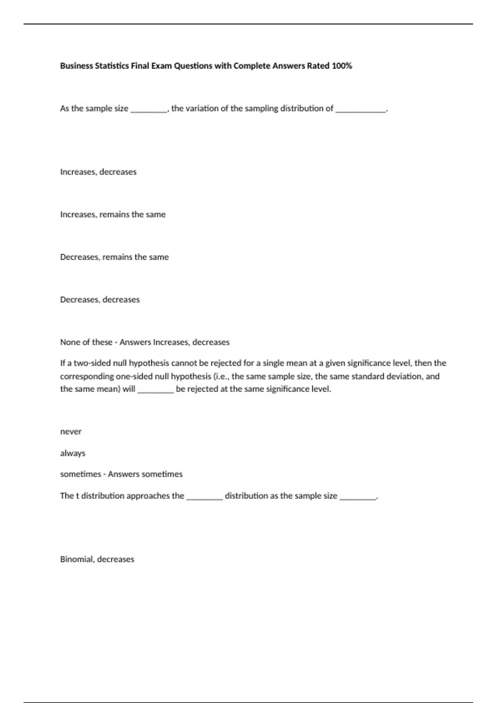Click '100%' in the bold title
click(x=342, y=66)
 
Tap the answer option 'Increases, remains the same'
click(x=113, y=214)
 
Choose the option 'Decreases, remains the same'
click(x=114, y=257)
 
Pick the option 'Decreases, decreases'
click(x=100, y=299)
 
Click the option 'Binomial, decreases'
click(x=97, y=559)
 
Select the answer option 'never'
click(x=71, y=431)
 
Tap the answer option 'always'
click(x=72, y=453)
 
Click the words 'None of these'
click(x=86, y=342)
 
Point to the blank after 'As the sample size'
click(x=149, y=110)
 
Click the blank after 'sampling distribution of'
click(x=360, y=110)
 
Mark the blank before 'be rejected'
click(x=155, y=390)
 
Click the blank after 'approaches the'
click(x=205, y=497)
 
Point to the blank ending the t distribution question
click(x=358, y=497)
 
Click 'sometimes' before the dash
click(x=80, y=474)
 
